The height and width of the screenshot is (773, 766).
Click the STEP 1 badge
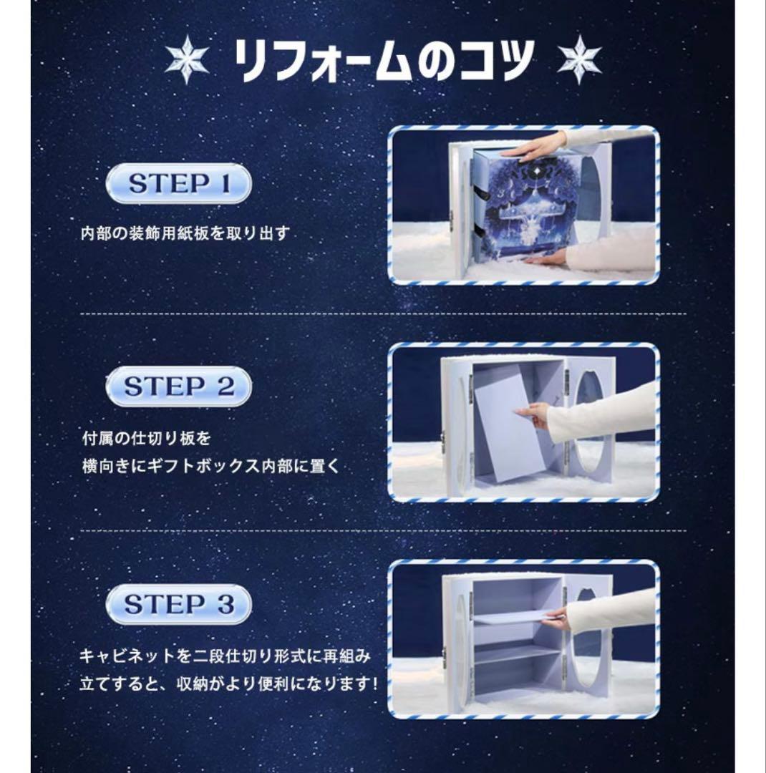(x=179, y=184)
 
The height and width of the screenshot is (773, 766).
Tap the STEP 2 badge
(x=179, y=387)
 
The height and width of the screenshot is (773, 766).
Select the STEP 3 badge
(x=179, y=604)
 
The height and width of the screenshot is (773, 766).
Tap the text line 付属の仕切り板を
(x=146, y=437)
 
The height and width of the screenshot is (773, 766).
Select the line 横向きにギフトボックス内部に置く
(x=210, y=466)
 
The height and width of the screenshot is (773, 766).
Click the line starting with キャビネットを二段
(x=226, y=656)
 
